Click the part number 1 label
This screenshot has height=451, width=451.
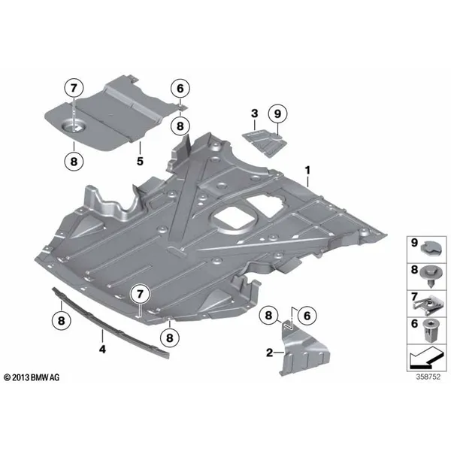307,171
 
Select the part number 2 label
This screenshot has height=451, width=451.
269,353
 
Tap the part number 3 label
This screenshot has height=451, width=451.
255,114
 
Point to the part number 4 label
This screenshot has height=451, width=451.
102,350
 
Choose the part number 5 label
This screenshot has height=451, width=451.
140,162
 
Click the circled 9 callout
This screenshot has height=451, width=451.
277,114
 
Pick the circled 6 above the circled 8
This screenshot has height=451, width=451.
180,89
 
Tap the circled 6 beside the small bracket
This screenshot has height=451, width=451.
307,316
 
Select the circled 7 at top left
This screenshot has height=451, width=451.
74,88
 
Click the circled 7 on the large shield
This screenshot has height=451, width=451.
140,294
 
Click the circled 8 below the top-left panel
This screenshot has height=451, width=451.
74,162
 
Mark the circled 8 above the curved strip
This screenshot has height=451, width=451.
62,320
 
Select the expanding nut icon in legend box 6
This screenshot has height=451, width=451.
429,331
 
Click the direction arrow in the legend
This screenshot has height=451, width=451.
425,358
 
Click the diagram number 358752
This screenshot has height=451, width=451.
428,377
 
